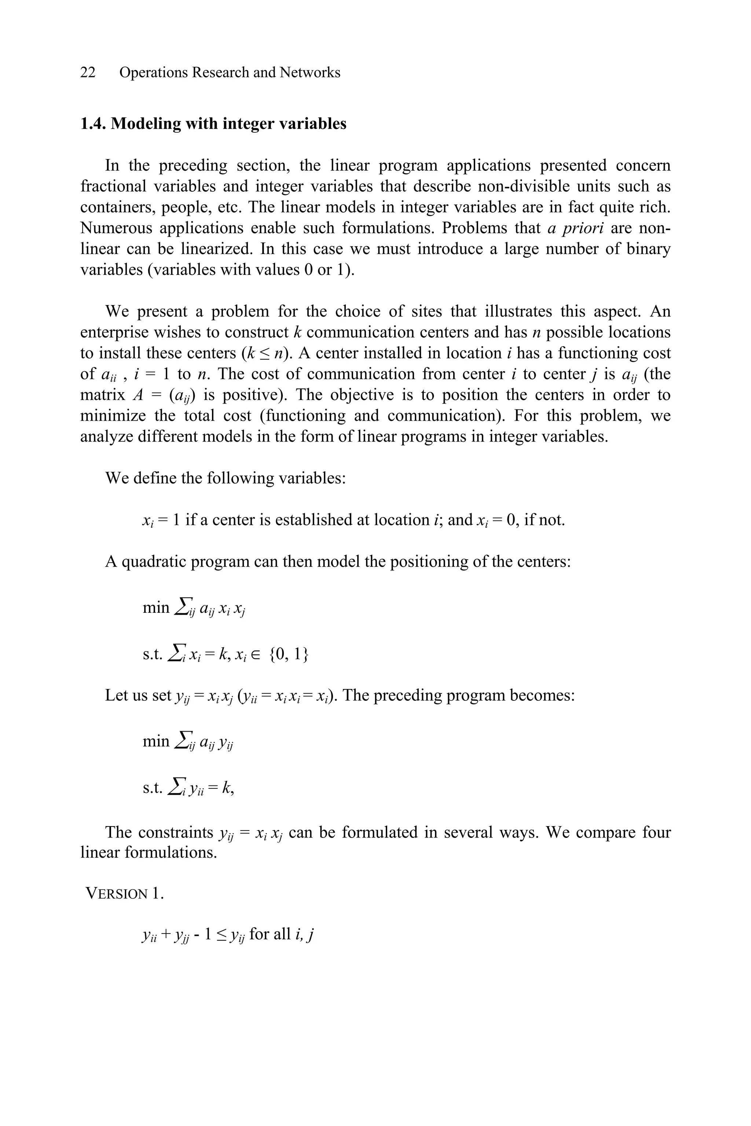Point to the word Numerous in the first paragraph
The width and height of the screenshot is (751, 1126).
115,228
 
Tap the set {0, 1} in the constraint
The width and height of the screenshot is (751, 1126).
289,654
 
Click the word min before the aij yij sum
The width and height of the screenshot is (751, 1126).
156,741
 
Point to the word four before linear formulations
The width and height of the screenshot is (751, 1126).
656,832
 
